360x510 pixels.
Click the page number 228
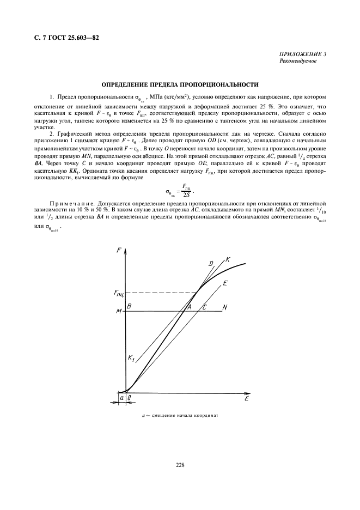point(180,465)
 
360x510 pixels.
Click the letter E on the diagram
point(225,283)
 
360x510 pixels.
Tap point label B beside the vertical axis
point(129,307)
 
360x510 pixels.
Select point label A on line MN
point(190,307)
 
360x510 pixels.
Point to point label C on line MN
point(204,307)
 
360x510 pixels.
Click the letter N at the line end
point(224,307)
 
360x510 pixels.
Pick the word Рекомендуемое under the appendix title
point(297,61)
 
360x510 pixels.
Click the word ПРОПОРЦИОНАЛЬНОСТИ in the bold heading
point(218,84)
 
